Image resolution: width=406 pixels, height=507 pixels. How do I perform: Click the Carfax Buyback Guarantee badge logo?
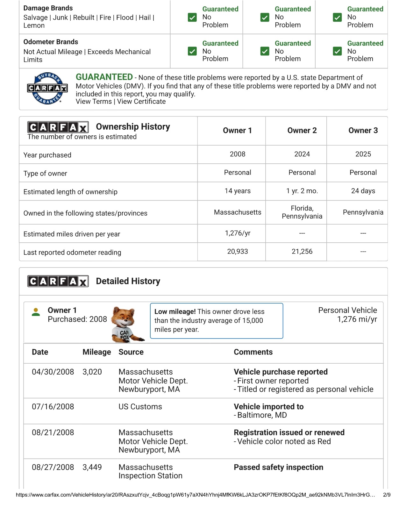pyautogui.click(x=47, y=89)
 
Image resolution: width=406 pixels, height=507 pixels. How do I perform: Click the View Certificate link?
pyautogui.click(x=141, y=102)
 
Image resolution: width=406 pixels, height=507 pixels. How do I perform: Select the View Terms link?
pyautogui.click(x=94, y=102)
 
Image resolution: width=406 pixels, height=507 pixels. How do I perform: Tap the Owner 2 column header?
pyautogui.click(x=302, y=131)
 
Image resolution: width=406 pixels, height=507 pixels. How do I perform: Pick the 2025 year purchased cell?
pyautogui.click(x=363, y=154)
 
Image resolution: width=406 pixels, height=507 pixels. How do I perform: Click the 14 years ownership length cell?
pyautogui.click(x=238, y=191)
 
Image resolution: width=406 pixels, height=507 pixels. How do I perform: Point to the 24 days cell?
pyautogui.click(x=363, y=191)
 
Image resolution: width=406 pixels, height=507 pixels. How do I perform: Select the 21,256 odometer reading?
pyautogui.click(x=302, y=252)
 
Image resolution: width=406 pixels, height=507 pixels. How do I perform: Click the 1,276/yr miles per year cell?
pyautogui.click(x=238, y=233)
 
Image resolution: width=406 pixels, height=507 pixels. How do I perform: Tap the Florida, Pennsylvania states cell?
pyautogui.click(x=302, y=212)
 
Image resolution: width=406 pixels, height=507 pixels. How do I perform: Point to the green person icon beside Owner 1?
pyautogui.click(x=36, y=312)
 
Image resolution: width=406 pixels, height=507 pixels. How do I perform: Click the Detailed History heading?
pyautogui.click(x=128, y=281)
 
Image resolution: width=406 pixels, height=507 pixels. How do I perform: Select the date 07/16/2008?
pyautogui.click(x=53, y=407)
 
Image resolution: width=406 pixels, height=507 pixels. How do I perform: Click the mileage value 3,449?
pyautogui.click(x=92, y=467)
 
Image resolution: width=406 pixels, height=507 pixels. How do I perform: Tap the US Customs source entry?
pyautogui.click(x=140, y=407)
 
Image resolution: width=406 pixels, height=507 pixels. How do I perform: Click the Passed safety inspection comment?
pyautogui.click(x=278, y=467)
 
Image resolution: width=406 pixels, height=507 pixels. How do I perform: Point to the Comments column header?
pyautogui.click(x=253, y=352)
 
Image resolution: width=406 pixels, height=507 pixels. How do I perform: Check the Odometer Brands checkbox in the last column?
pyautogui.click(x=337, y=51)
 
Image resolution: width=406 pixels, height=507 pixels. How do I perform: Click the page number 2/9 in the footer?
pyautogui.click(x=387, y=495)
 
